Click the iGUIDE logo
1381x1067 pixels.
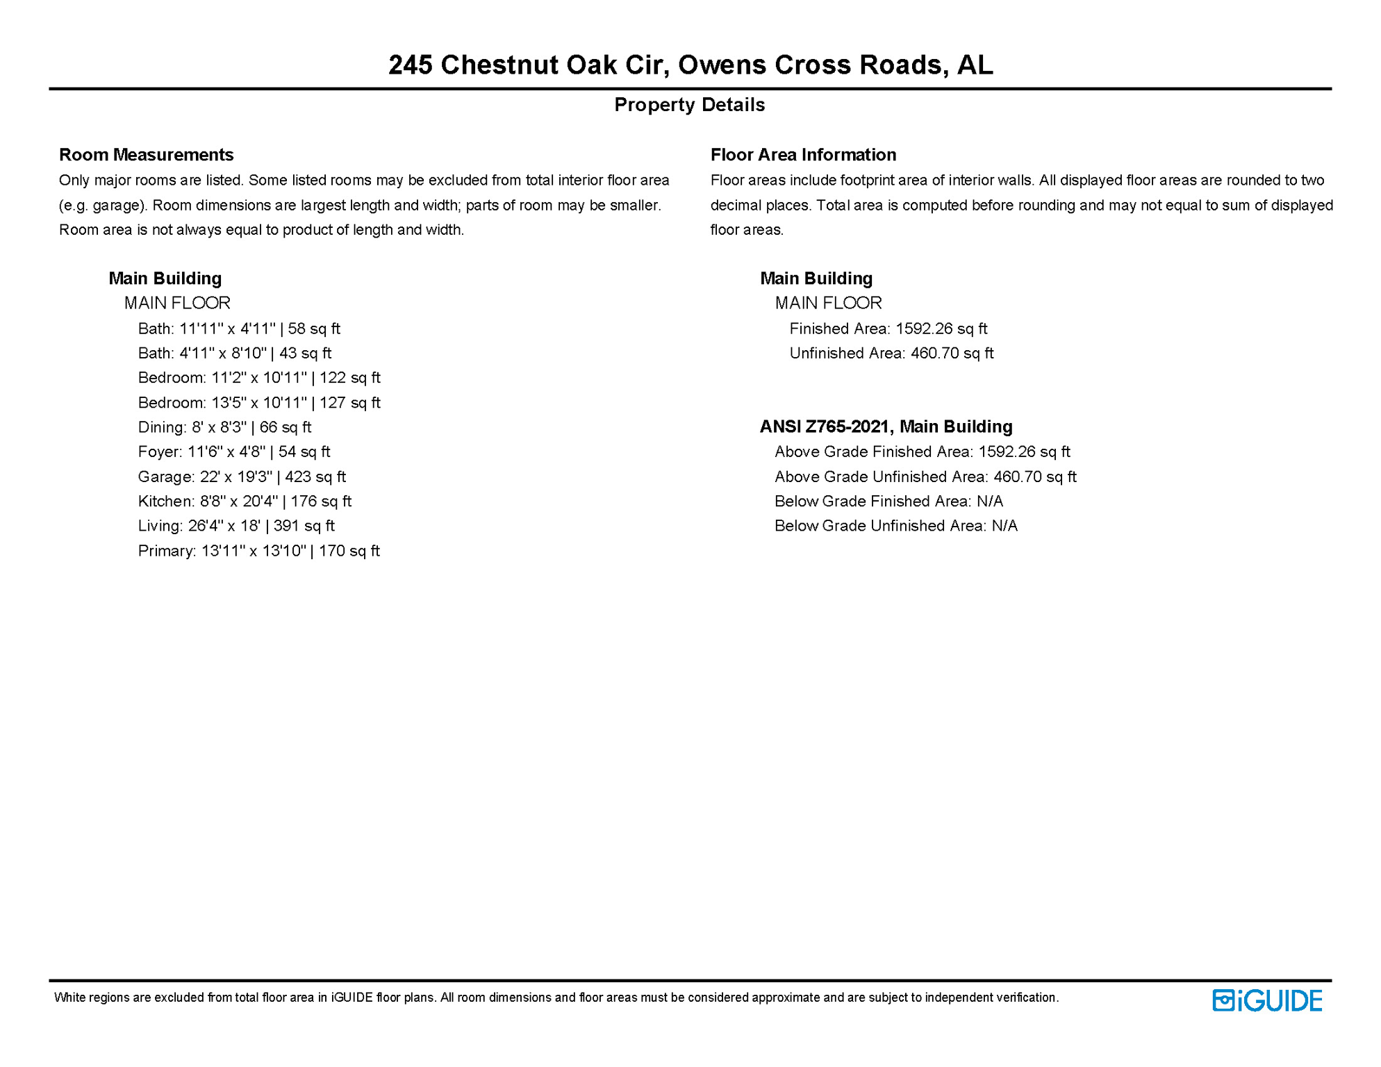[x=1267, y=1000]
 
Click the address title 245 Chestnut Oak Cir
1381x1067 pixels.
[x=690, y=65]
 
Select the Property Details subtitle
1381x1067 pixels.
[x=689, y=105]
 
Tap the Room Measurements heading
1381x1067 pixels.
[x=146, y=154]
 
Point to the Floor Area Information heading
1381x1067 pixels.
[x=803, y=154]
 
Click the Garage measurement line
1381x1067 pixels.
[x=242, y=477]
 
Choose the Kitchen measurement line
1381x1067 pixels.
[x=245, y=501]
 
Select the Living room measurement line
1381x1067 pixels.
[x=236, y=526]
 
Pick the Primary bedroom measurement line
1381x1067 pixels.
[x=258, y=551]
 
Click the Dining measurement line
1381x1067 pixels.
[x=224, y=427]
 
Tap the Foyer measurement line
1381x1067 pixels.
[x=234, y=452]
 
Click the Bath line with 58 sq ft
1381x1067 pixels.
[x=239, y=329]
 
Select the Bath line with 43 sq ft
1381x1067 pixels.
[x=235, y=353]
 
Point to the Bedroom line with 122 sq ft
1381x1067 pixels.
[x=259, y=378]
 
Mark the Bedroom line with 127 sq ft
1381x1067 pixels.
[x=259, y=403]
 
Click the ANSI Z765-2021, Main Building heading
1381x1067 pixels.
[x=886, y=427]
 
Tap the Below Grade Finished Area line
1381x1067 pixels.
[x=888, y=501]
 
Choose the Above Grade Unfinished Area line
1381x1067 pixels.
[x=925, y=477]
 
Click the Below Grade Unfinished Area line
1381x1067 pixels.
[x=896, y=526]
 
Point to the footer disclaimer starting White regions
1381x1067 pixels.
[x=556, y=998]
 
